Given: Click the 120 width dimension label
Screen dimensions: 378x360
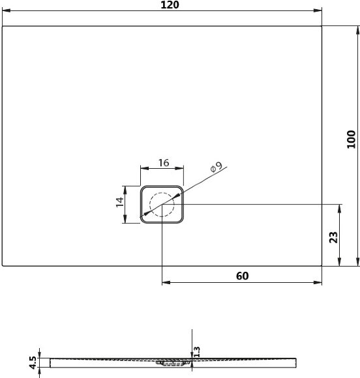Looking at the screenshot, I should coord(168,5).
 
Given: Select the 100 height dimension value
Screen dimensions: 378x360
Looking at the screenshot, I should coord(352,139).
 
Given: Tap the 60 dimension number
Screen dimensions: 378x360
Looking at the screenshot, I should coord(242,276).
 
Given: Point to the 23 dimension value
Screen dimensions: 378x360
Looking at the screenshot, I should coord(333,237).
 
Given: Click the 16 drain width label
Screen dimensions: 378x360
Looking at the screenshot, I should coord(163,164).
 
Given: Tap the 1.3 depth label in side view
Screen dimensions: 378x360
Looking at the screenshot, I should coord(198,351).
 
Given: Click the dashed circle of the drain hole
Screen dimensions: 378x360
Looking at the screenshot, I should coord(161,205).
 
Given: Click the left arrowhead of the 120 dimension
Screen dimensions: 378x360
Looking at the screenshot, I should coord(5,11).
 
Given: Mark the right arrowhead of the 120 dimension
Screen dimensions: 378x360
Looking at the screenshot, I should coord(320,11).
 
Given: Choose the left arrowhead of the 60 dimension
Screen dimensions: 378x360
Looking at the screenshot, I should coord(164,283).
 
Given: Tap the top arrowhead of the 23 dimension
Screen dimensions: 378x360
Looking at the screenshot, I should coord(340,207).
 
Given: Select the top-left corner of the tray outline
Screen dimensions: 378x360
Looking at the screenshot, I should coord(3,26).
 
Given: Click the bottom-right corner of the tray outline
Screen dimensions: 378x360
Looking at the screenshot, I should coord(323,266).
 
